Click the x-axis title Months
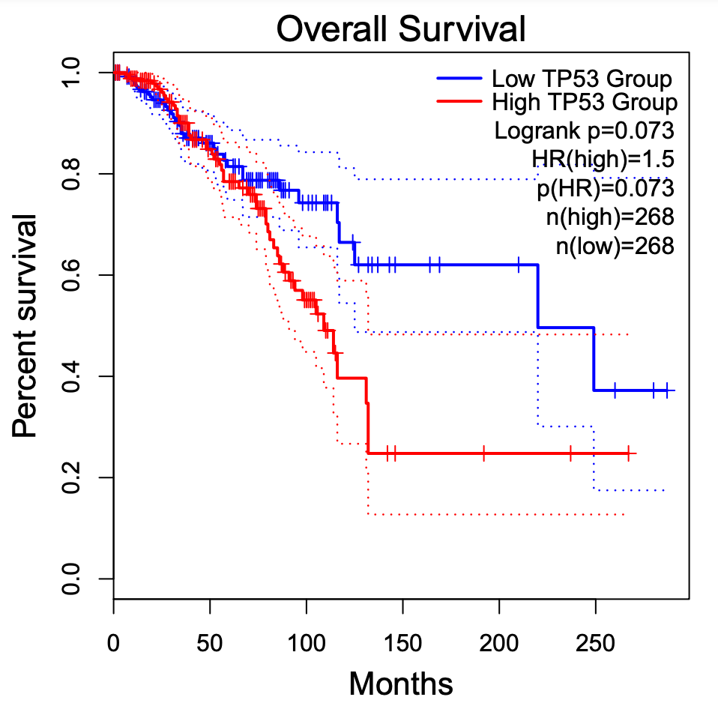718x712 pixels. [x=401, y=683]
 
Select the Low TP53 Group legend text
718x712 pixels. [x=582, y=79]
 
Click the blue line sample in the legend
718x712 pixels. [x=459, y=78]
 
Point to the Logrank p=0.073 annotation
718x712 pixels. [x=585, y=130]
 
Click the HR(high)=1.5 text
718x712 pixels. [x=603, y=159]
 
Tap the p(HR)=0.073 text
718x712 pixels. [x=606, y=187]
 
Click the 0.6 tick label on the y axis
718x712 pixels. [x=73, y=275]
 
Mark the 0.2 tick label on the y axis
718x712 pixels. [x=73, y=477]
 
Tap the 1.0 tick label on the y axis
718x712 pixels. [x=73, y=73]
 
